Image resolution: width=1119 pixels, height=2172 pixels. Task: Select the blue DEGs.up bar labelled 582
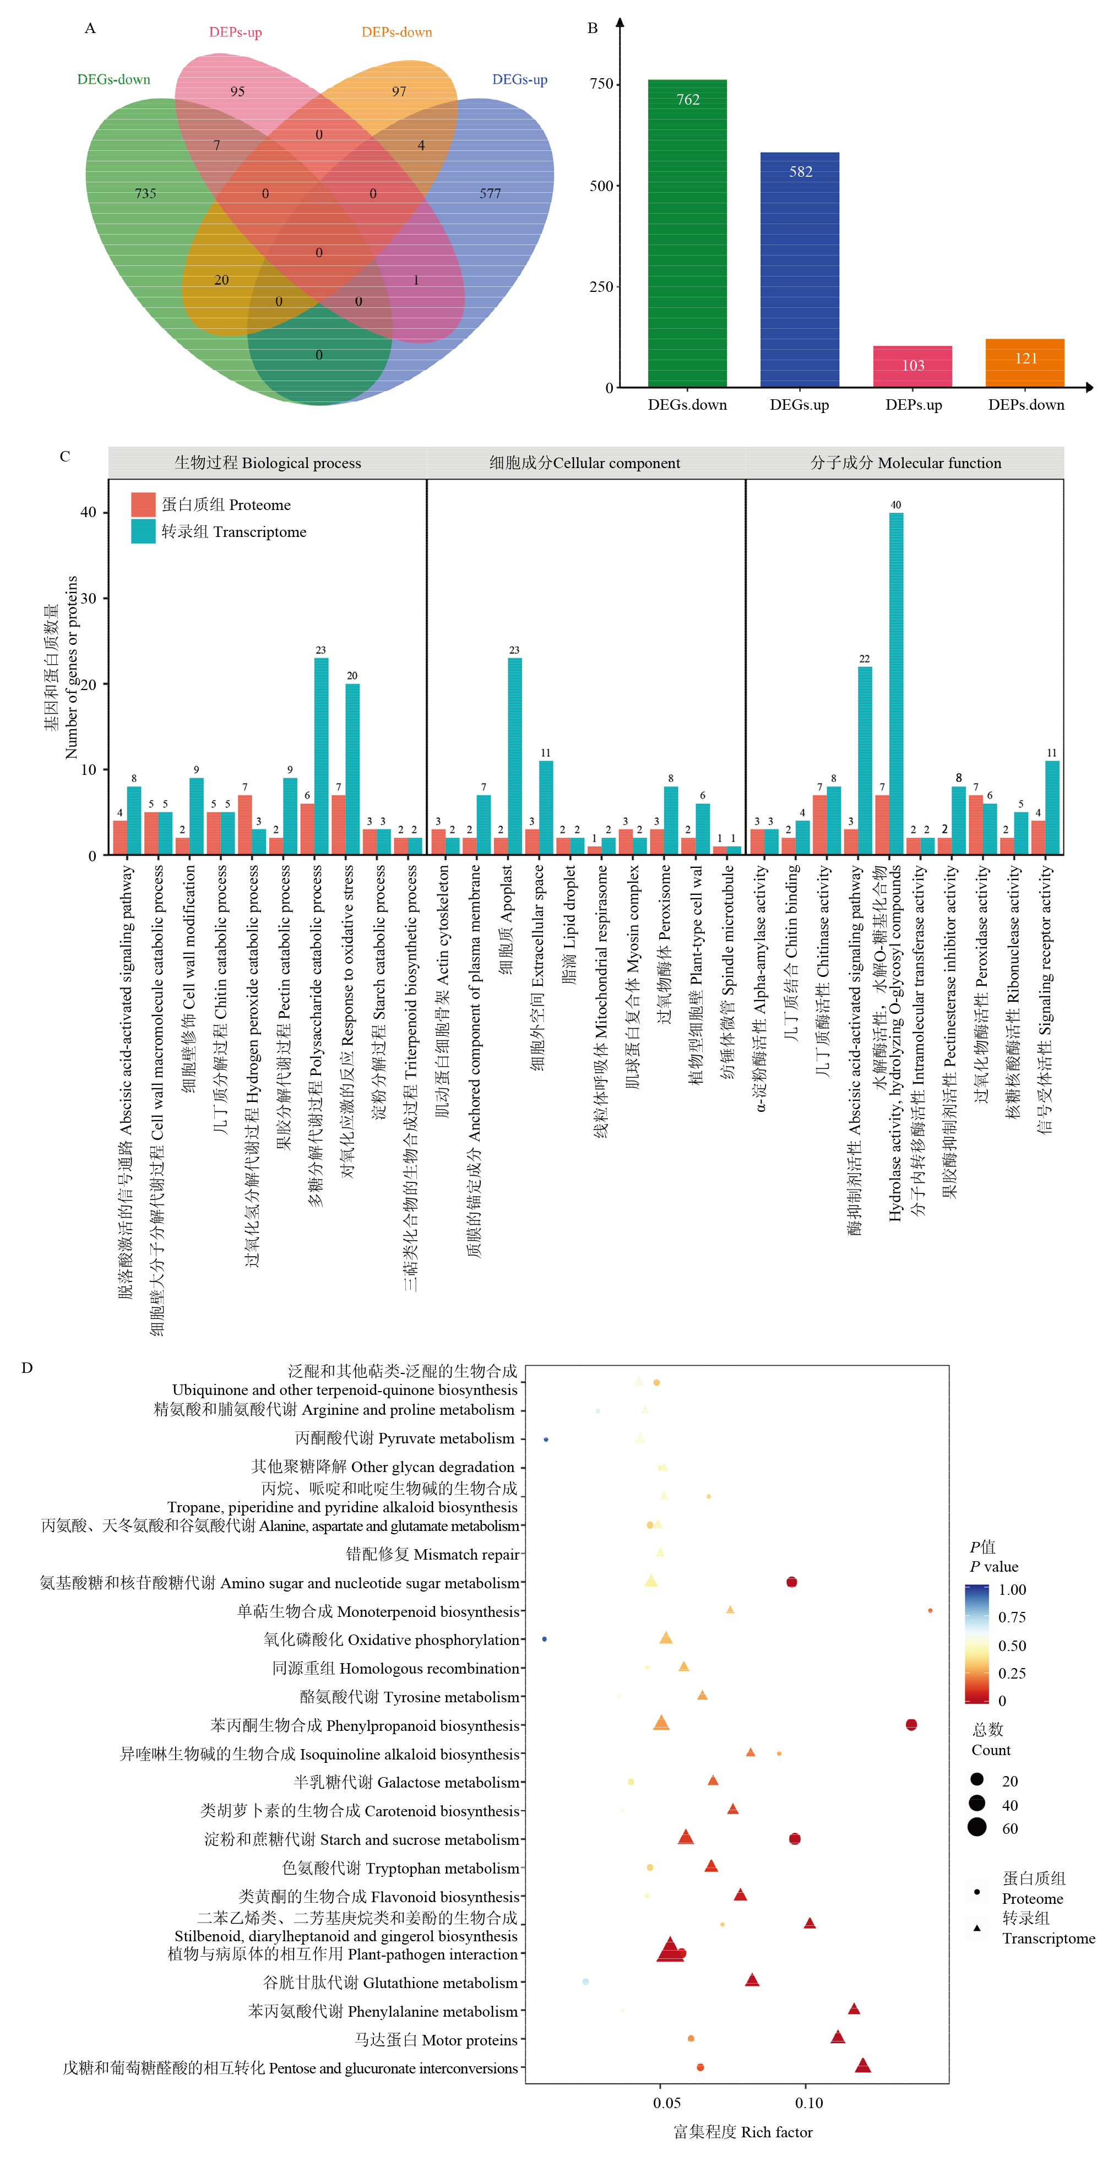[800, 270]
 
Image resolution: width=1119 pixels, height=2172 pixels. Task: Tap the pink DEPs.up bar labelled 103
[912, 367]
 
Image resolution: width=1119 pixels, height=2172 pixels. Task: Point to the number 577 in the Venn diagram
[490, 194]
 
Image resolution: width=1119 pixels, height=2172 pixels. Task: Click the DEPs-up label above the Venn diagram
[235, 32]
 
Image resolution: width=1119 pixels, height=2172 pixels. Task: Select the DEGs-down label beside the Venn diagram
[114, 79]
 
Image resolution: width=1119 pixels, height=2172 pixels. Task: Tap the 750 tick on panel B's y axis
[601, 84]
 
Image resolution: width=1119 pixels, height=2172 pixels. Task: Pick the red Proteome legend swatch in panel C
[143, 504]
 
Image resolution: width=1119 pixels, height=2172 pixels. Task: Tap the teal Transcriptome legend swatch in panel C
[143, 531]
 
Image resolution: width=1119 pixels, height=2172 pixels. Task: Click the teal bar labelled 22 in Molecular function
[865, 761]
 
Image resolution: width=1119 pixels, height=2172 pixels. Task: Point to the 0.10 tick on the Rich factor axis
[808, 2103]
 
